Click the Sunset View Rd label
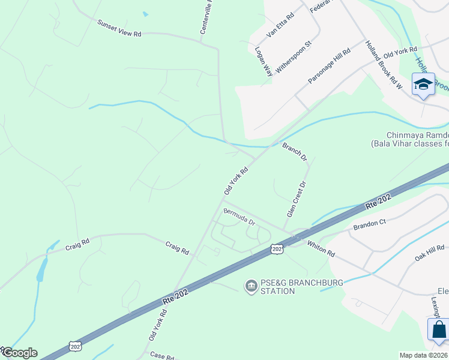coord(119,28)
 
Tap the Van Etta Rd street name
coord(281,26)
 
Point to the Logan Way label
coord(264,61)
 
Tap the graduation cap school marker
coord(423,84)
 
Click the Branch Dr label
coord(295,152)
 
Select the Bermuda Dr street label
coord(239,217)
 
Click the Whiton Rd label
coord(321,248)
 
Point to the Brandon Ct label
coord(369,224)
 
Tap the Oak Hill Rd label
coord(430,253)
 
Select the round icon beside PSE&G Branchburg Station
coord(250,287)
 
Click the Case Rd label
coord(161,355)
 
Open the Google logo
coord(20,353)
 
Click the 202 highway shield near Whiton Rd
coord(276,248)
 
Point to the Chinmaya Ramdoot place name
coord(409,135)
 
